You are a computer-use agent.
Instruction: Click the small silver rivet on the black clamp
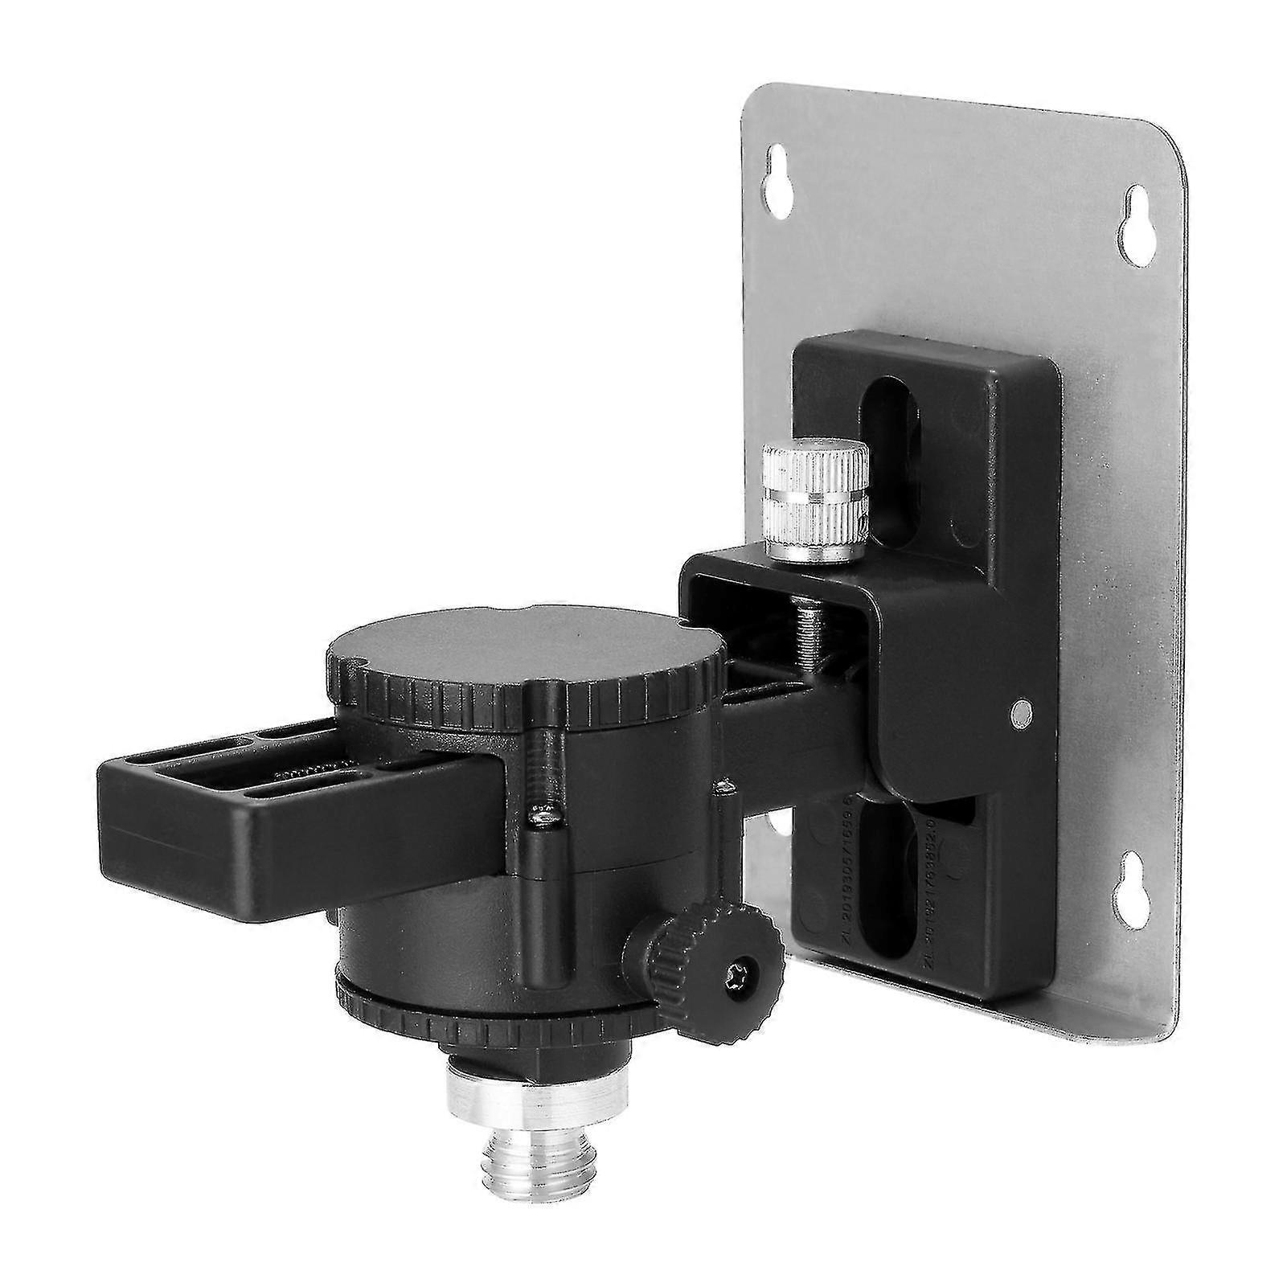[x=1023, y=709]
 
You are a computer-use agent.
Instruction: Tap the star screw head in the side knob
[x=741, y=975]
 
